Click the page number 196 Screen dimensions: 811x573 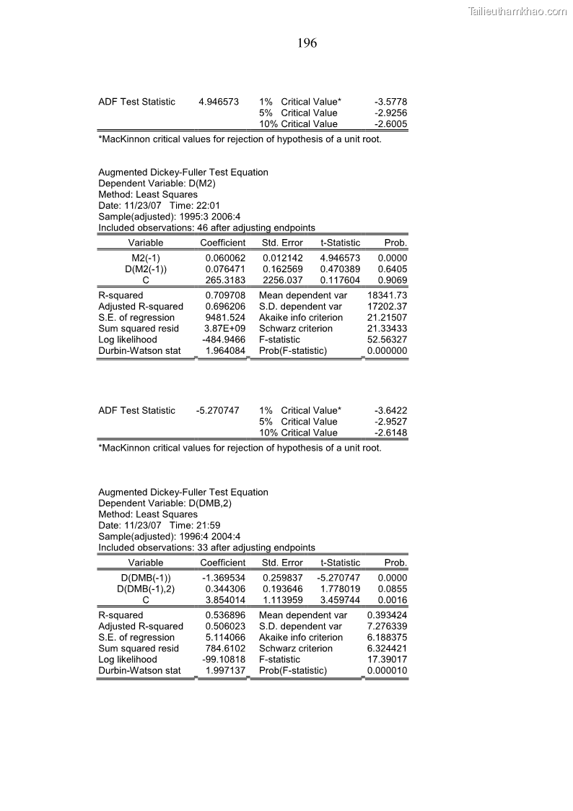coord(307,43)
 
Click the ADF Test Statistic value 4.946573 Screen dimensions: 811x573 coord(219,102)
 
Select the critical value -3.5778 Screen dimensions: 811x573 coord(391,102)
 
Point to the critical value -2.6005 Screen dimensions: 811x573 coord(391,124)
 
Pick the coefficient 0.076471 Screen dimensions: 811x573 coord(225,269)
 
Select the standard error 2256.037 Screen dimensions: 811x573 coord(283,280)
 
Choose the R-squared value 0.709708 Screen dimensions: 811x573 coord(225,295)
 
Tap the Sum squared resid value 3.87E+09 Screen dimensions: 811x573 coord(225,329)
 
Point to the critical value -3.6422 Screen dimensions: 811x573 coord(391,411)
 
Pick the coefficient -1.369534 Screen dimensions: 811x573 coord(224,578)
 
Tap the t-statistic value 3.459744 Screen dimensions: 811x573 coord(340,600)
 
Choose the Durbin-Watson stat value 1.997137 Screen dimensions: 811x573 coord(225,671)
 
